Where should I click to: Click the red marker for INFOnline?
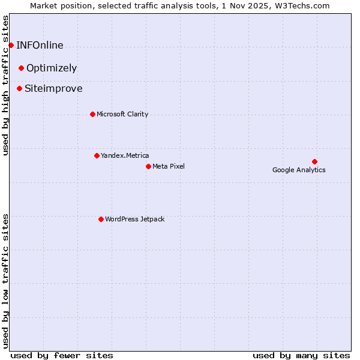point(11,45)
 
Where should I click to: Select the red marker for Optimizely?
point(21,68)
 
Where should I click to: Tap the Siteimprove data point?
point(19,88)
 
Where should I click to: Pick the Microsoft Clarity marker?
point(92,114)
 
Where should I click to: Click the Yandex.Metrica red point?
point(97,155)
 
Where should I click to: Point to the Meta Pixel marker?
point(148,166)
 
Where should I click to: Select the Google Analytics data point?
point(314,161)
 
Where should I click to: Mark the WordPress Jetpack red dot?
point(101,219)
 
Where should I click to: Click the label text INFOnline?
point(40,45)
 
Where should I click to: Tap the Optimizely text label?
point(52,68)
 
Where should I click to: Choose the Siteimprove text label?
point(53,88)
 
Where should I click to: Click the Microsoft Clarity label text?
point(122,114)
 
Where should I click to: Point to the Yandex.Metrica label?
point(125,155)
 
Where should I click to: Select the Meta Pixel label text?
point(169,166)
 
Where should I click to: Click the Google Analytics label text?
point(299,170)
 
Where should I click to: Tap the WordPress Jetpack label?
point(134,219)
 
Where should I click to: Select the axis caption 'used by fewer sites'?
point(62,355)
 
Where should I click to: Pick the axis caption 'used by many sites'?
point(301,355)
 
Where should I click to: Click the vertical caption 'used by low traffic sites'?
point(6,280)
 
